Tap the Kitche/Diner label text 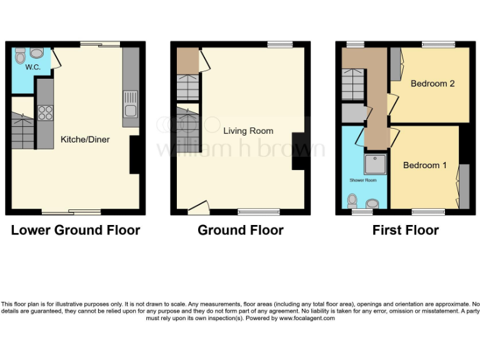coord(84,139)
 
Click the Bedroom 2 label coord(432,84)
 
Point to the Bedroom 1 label coord(425,165)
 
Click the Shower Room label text coord(363,180)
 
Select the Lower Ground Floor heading coord(76,230)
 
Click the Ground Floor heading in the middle coord(241,230)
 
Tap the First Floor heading coord(406,230)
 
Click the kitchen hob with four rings coord(45,112)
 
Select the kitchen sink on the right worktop coord(131,104)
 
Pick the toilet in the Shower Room coord(352,201)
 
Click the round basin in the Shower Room coord(373,203)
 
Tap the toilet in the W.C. coord(21,56)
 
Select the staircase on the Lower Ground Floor coord(23,131)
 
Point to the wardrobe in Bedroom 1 coord(464,186)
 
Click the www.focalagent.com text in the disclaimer coord(306,318)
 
